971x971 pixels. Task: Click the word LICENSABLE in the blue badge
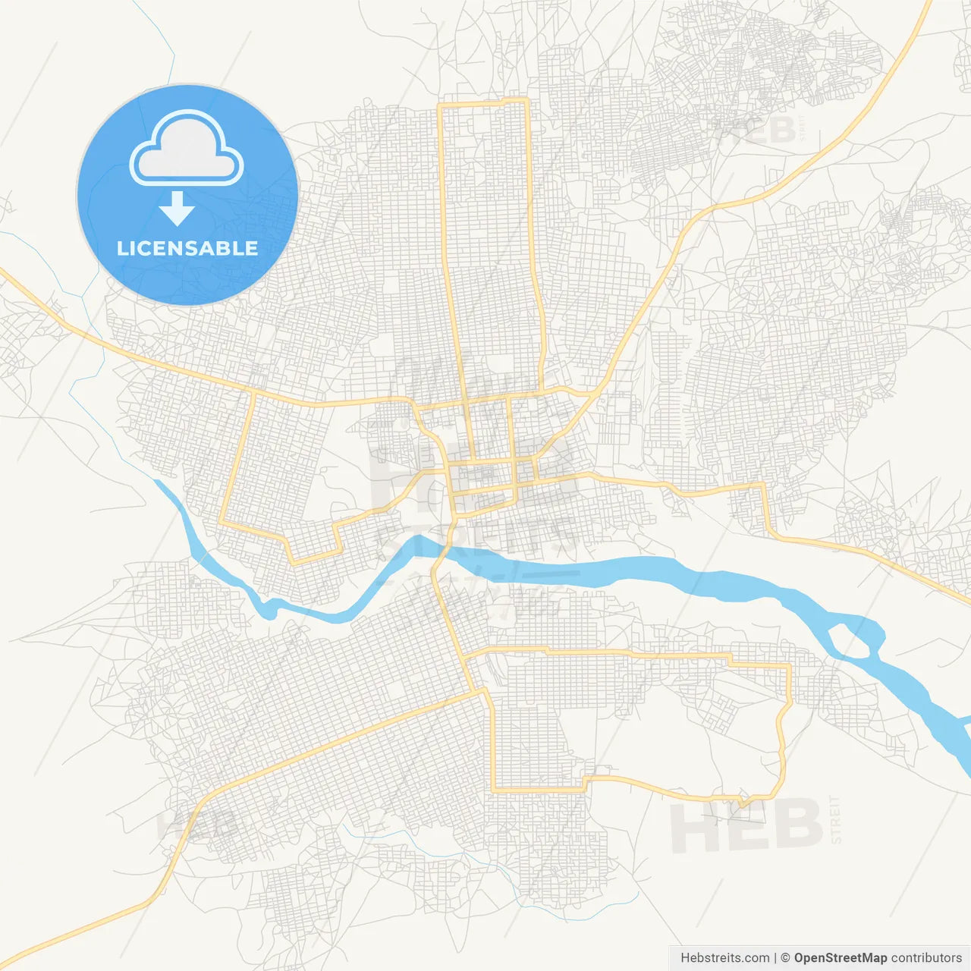point(187,248)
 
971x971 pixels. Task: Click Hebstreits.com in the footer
point(724,958)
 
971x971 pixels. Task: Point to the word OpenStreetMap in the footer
point(840,958)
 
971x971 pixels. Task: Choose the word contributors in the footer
point(925,958)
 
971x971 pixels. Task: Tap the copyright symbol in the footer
point(786,958)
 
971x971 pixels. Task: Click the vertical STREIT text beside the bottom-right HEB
point(836,819)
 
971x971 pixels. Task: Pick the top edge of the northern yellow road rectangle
point(484,102)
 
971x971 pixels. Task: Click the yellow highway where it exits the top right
point(926,8)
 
